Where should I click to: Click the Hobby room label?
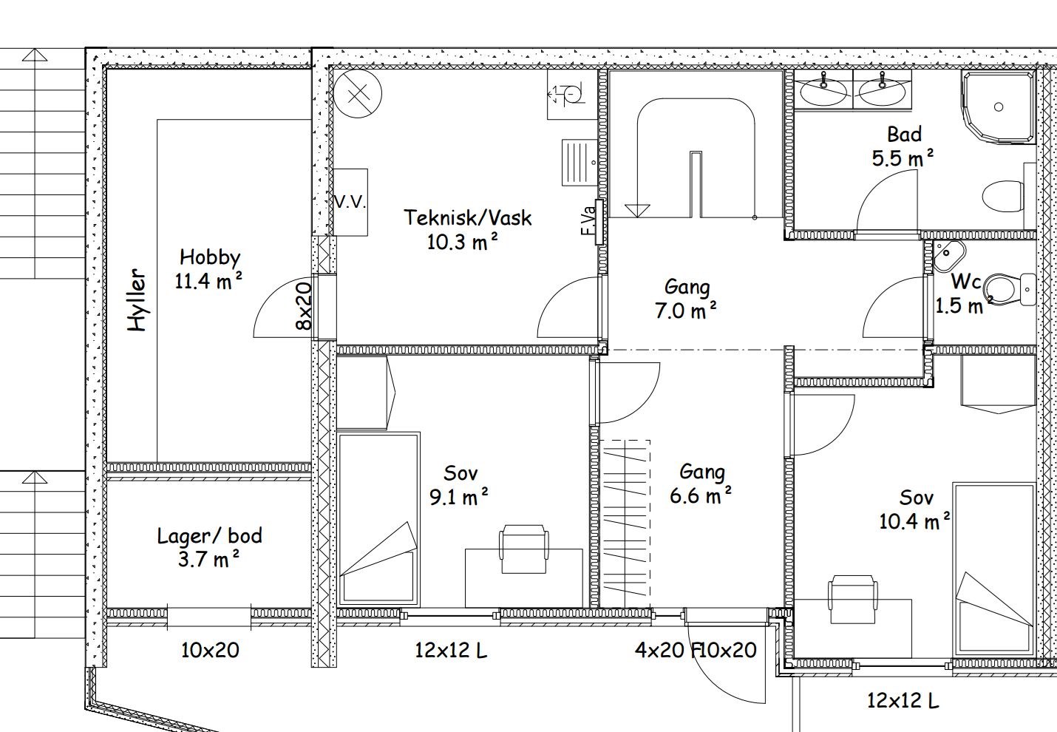click(x=210, y=258)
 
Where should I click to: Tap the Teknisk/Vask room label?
click(x=468, y=217)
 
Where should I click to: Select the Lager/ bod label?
click(x=209, y=536)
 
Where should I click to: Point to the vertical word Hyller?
click(x=137, y=300)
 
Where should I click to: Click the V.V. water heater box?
click(x=350, y=202)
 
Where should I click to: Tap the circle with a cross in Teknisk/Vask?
click(x=357, y=94)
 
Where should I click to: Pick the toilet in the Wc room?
click(x=1008, y=289)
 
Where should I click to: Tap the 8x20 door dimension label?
click(x=305, y=305)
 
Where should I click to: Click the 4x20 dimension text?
click(x=659, y=651)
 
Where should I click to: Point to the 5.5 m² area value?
click(x=903, y=158)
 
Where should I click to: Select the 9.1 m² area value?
click(x=459, y=497)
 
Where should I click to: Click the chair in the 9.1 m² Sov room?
click(x=524, y=549)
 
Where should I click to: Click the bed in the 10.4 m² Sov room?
click(x=994, y=569)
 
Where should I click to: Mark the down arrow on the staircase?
click(x=637, y=211)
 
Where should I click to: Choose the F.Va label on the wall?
click(x=588, y=222)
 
